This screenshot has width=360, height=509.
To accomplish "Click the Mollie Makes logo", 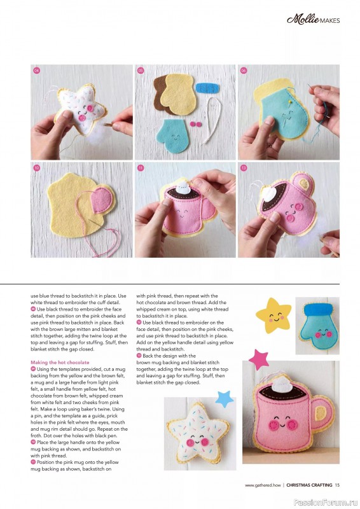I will point(314,20).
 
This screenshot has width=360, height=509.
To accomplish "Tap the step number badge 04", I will point(37,70).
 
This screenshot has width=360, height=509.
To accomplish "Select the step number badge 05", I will point(141,70).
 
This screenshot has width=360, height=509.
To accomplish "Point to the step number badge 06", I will point(244,70).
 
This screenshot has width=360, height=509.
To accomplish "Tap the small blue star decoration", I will point(224,399).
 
